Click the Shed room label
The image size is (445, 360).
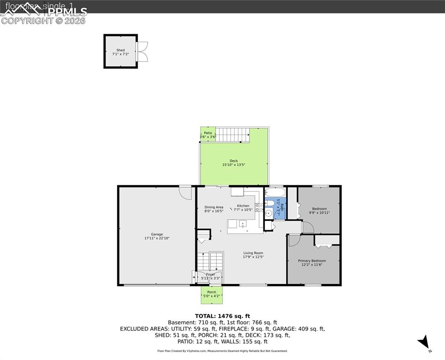click(x=121, y=50)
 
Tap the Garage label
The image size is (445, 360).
click(x=157, y=234)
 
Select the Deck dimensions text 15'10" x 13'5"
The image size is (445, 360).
click(x=234, y=165)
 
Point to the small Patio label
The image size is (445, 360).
click(x=208, y=133)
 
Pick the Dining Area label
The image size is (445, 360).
click(x=214, y=207)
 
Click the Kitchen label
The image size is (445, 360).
click(x=243, y=206)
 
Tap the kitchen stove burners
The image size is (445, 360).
click(x=259, y=207)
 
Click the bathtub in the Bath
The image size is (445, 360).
click(x=274, y=193)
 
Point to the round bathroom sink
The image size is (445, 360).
click(x=268, y=214)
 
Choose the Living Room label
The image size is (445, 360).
click(x=253, y=253)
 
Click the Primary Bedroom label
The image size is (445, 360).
click(x=312, y=261)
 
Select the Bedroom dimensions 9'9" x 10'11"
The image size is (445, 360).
click(x=319, y=213)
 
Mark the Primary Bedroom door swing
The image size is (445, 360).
click(x=293, y=240)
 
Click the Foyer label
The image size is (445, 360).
click(x=211, y=274)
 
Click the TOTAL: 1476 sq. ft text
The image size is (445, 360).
click(x=222, y=315)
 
